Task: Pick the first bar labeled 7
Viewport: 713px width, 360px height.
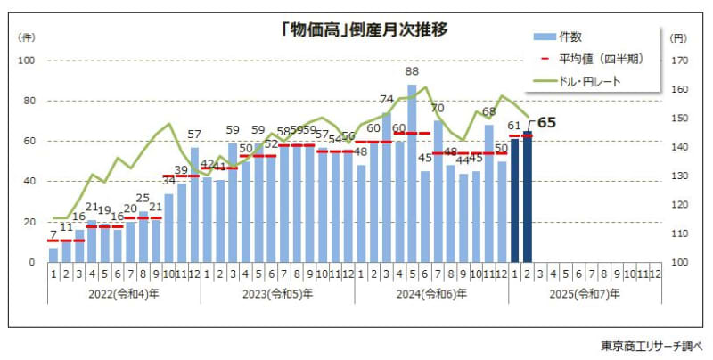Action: pos(53,255)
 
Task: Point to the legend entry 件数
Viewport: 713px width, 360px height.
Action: pos(570,37)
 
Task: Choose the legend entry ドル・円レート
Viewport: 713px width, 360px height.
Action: pos(589,81)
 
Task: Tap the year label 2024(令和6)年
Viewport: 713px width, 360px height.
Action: pos(432,293)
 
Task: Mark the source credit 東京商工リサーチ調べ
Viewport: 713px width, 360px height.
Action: pos(652,345)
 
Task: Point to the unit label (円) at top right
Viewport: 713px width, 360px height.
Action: pos(679,37)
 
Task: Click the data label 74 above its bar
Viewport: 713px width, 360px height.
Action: pos(387,100)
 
